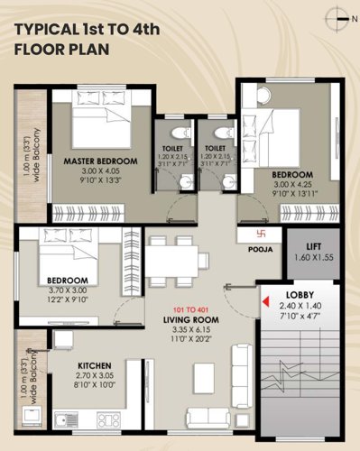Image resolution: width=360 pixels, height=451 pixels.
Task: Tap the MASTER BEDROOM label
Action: (x=100, y=161)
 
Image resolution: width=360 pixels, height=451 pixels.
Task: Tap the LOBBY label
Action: (x=300, y=296)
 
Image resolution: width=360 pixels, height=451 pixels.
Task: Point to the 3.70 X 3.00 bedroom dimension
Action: (x=68, y=290)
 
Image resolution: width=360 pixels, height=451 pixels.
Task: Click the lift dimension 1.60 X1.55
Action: (x=315, y=257)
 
